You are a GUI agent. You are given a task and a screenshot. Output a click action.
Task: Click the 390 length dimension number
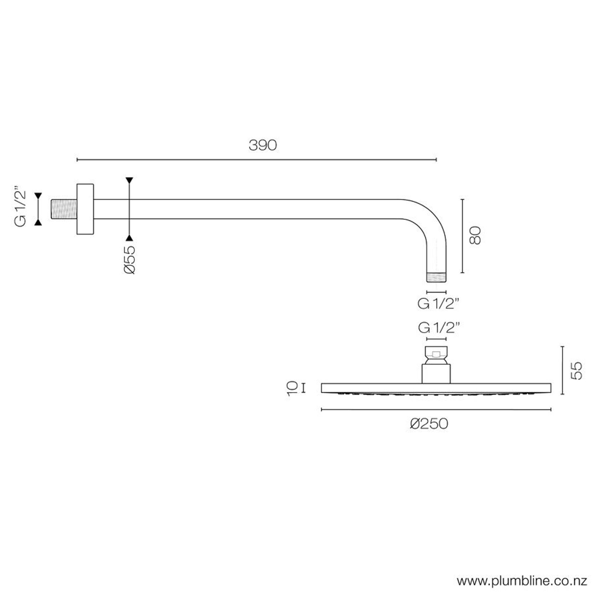(x=263, y=145)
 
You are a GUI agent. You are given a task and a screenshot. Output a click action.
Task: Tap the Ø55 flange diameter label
(x=130, y=260)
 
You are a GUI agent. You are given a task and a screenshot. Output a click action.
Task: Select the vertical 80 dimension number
(x=475, y=235)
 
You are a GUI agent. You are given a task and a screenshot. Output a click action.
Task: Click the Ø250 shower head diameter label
(x=429, y=424)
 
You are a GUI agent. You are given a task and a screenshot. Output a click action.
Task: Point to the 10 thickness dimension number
(x=292, y=388)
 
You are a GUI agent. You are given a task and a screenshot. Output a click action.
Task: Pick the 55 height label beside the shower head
(x=577, y=370)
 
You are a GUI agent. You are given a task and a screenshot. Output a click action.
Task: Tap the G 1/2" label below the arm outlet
(x=438, y=304)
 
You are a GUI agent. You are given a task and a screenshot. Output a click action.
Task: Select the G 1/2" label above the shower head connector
(x=438, y=328)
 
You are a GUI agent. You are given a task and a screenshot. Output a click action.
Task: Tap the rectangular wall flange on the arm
(x=85, y=209)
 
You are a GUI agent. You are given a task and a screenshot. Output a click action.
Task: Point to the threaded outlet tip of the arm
(x=436, y=277)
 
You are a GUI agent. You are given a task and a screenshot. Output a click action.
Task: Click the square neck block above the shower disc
(x=436, y=374)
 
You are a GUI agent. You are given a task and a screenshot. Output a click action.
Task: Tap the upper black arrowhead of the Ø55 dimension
(x=129, y=180)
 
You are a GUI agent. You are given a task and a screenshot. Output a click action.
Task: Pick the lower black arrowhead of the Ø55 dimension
(x=129, y=238)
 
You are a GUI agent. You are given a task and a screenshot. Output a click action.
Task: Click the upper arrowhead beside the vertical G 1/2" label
(x=38, y=196)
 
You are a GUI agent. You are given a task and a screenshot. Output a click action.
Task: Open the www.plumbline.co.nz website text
(x=522, y=581)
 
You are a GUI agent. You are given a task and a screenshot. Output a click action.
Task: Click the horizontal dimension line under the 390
(x=257, y=160)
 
